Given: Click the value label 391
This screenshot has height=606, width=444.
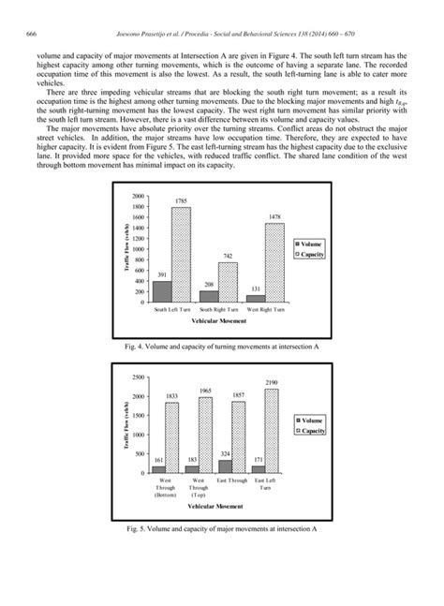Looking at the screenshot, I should tap(161, 274).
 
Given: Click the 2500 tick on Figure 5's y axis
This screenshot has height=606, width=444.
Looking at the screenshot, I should tap(138, 377).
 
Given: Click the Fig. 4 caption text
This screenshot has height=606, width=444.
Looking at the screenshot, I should tap(222, 346).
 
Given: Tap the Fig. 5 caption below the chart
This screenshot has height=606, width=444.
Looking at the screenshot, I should tap(222, 528).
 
